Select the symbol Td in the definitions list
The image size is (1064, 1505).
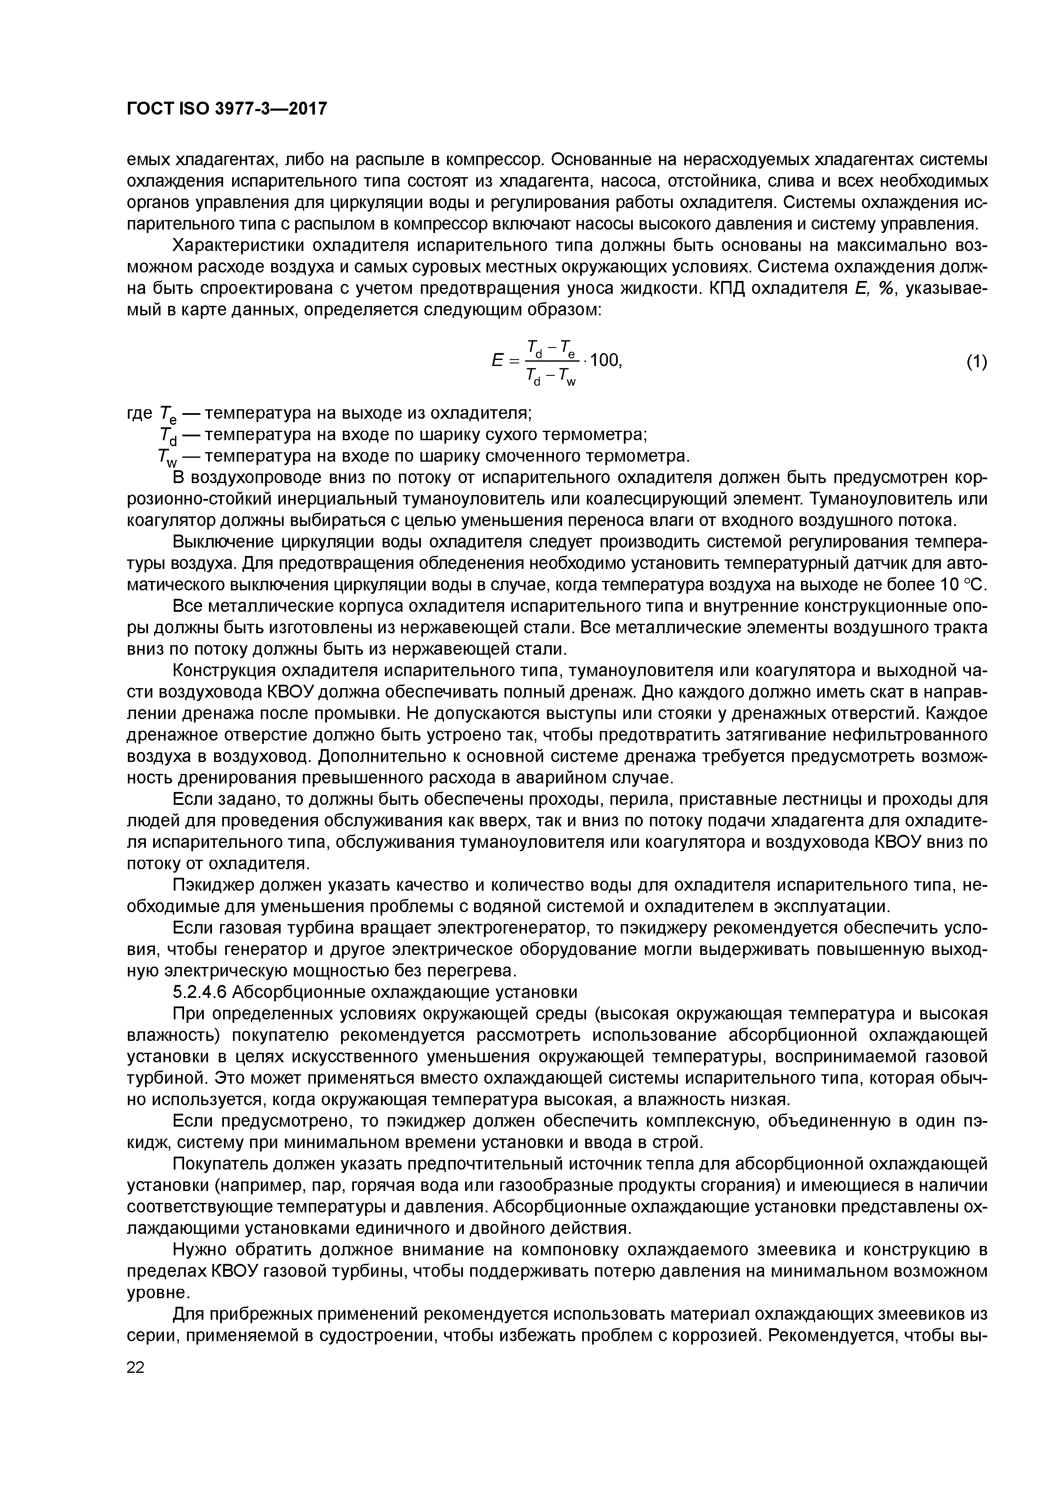[163, 436]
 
